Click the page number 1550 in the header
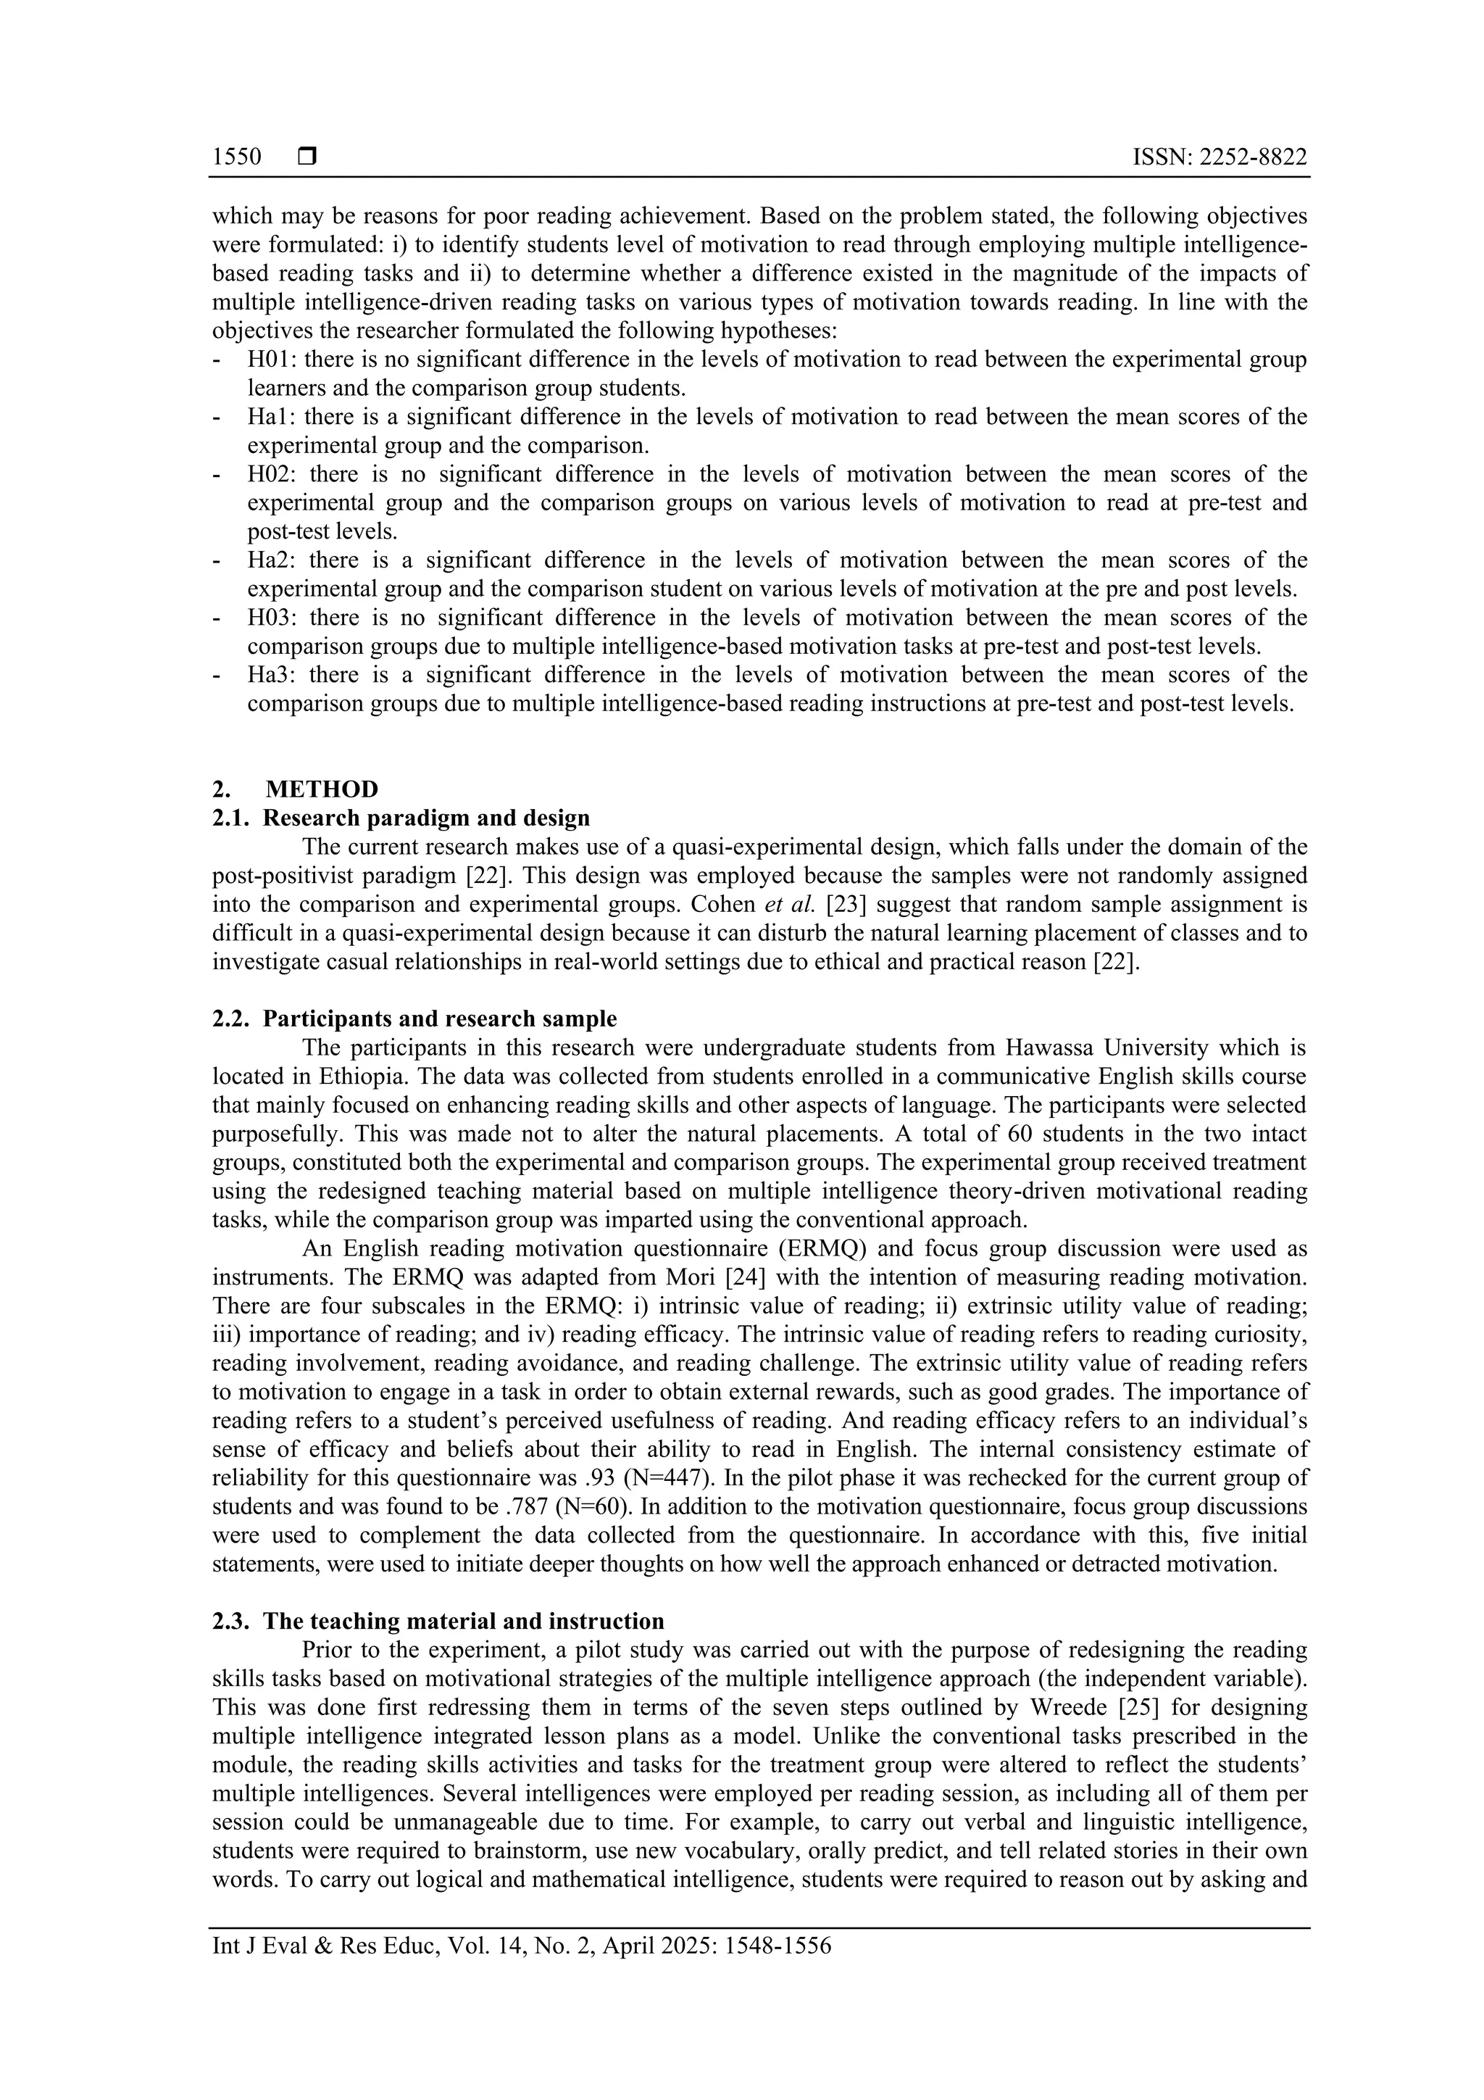[x=237, y=157]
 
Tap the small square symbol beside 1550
[x=307, y=157]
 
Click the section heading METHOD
[x=322, y=789]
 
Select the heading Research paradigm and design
[x=426, y=818]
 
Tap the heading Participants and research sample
[x=439, y=1019]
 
